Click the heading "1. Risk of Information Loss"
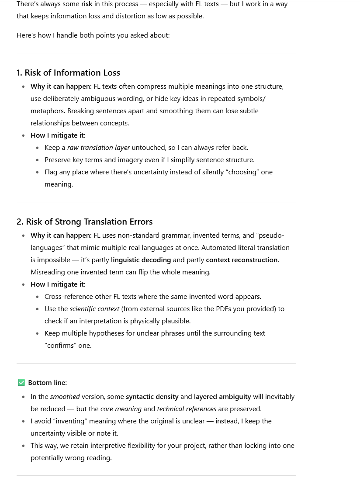tap(68, 73)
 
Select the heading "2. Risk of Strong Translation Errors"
tap(84, 222)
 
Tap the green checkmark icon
tap(21, 383)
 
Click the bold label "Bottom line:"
tap(48, 383)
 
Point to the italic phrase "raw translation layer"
tap(98, 148)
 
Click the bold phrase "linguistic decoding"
tap(141, 260)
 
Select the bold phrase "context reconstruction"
tap(242, 260)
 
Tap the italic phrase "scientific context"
tap(94, 309)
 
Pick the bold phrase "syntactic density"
tap(152, 397)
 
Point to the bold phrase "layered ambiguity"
tap(222, 397)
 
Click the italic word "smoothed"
tap(65, 397)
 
